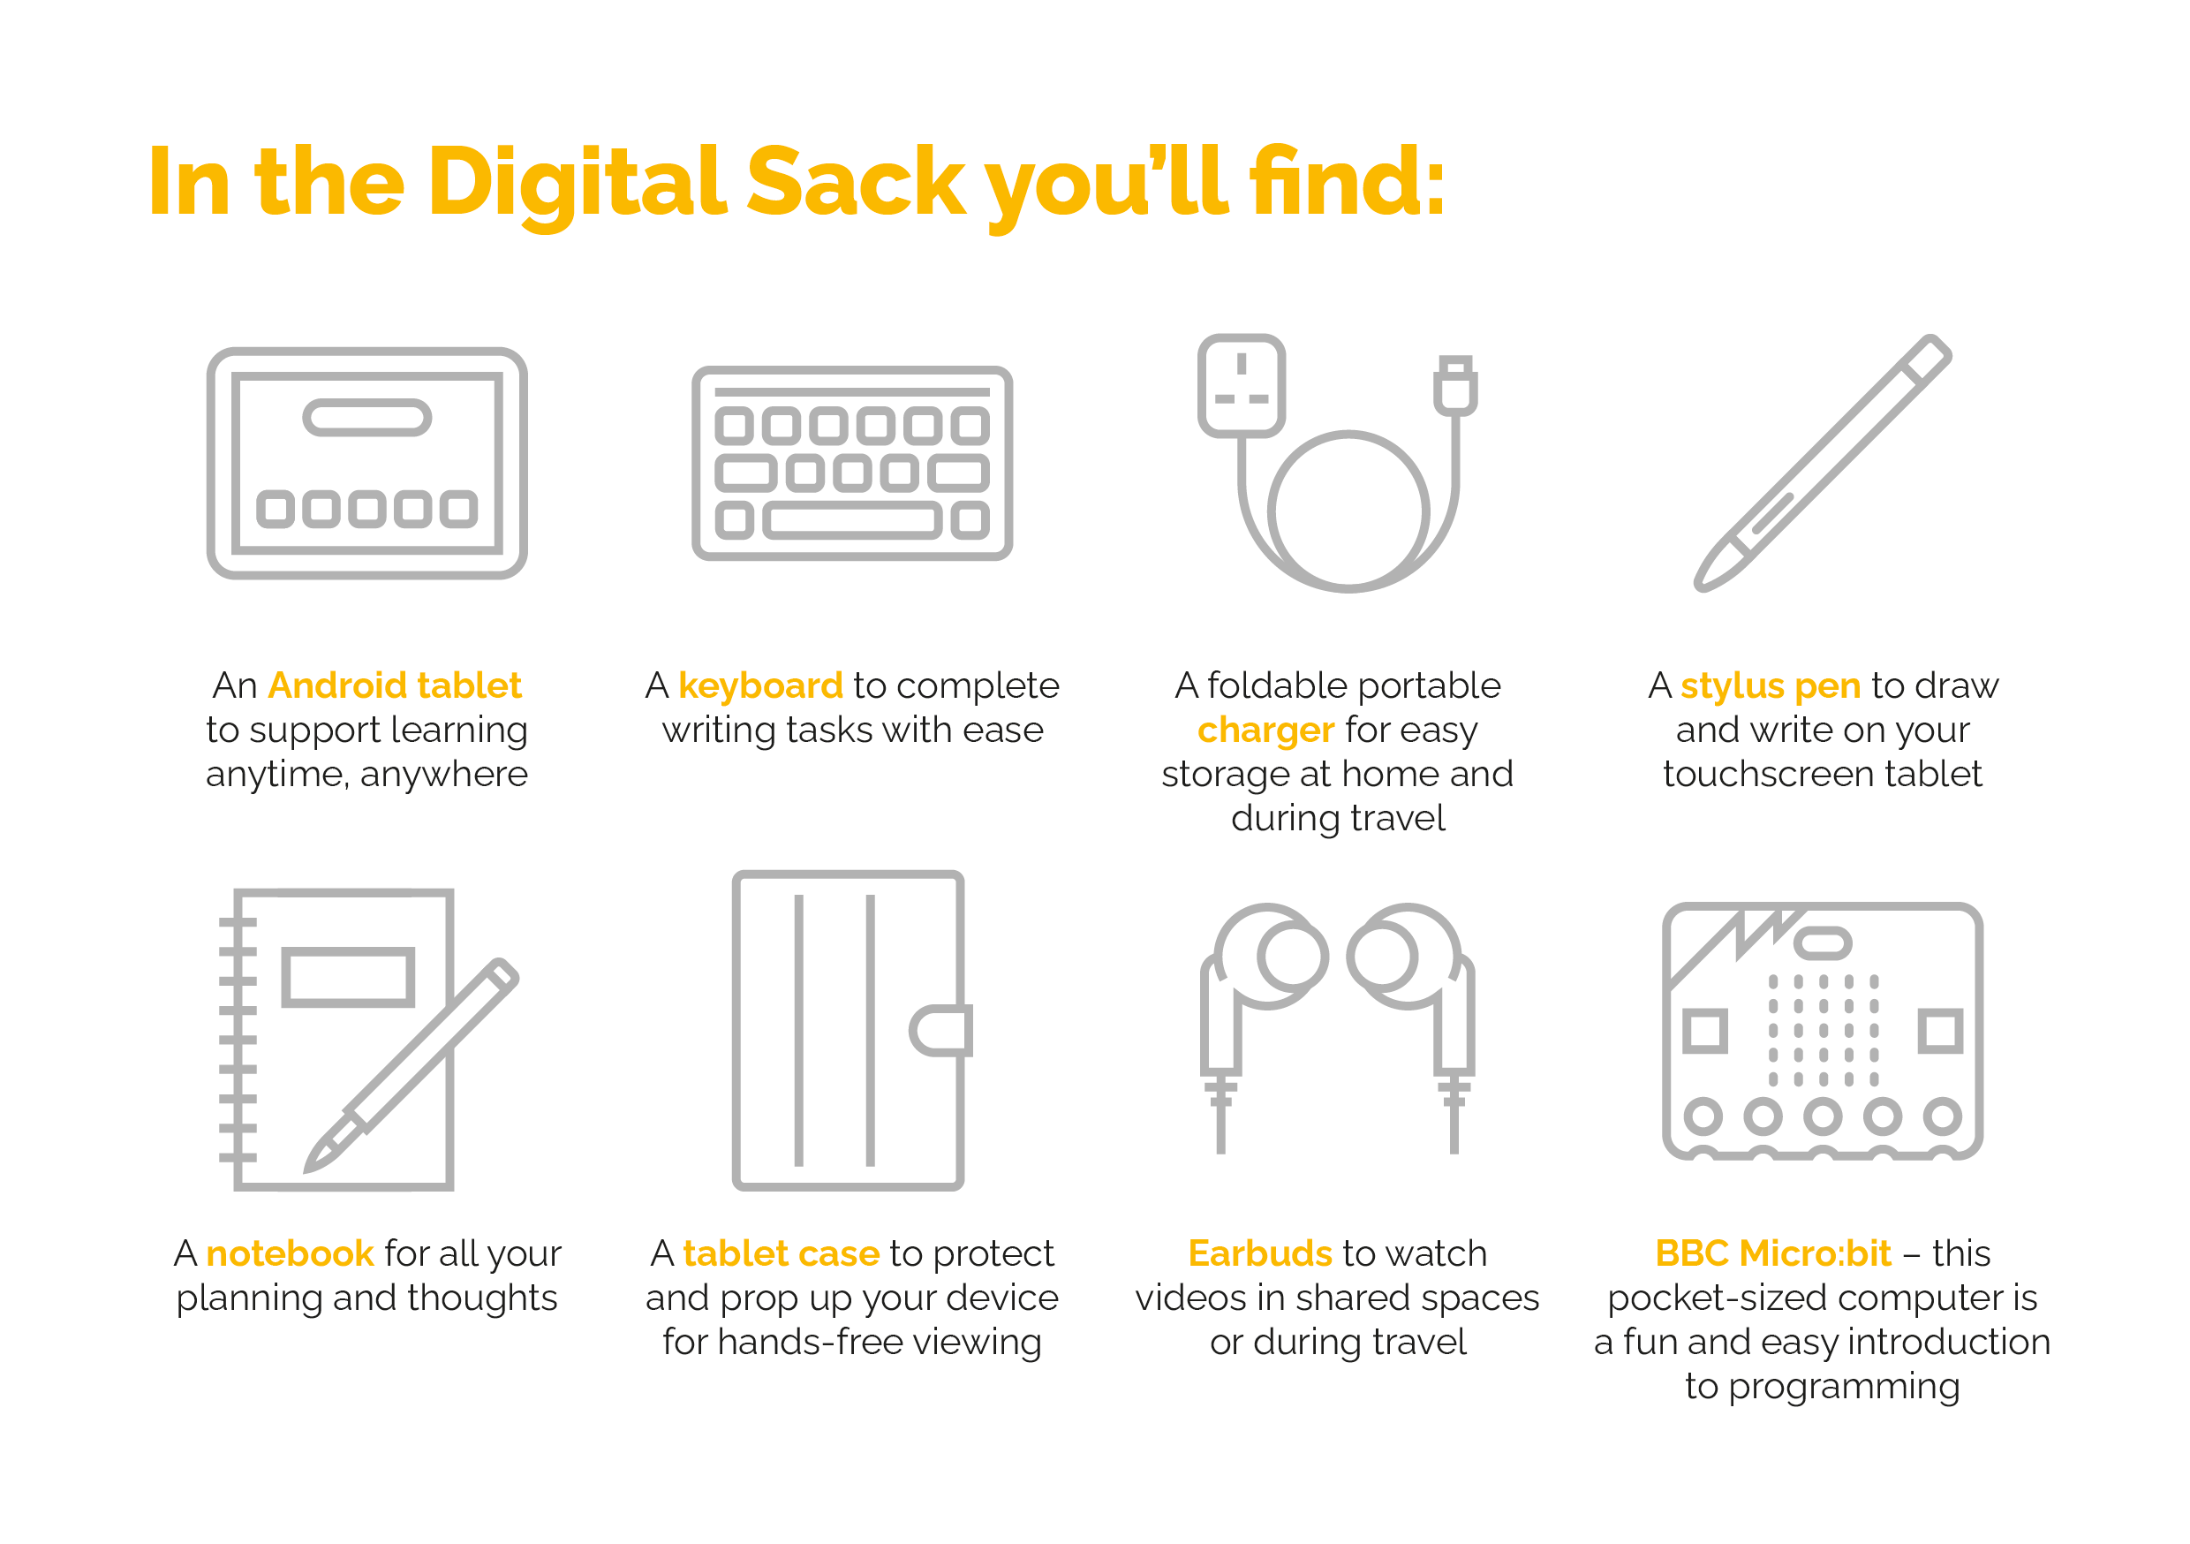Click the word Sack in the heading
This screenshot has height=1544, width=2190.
pos(856,181)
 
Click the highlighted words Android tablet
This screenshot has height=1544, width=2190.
pos(395,685)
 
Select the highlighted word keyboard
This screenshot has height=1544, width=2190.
pos(760,686)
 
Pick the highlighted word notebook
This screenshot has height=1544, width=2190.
pos(290,1253)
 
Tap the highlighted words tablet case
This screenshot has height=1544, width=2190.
pos(782,1253)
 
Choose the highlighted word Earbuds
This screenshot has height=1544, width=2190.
pos(1260,1253)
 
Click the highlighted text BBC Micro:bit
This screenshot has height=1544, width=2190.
pos(1773,1253)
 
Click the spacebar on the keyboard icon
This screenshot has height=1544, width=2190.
pos(853,520)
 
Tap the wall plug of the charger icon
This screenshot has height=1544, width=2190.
pos(1241,385)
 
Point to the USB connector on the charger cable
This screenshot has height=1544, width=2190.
pos(1455,384)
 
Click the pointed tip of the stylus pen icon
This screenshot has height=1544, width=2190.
pos(1700,586)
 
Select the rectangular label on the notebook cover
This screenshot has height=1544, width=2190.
pos(348,977)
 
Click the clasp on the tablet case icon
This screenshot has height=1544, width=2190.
pos(940,1031)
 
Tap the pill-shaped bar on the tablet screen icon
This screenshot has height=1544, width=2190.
pos(367,417)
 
